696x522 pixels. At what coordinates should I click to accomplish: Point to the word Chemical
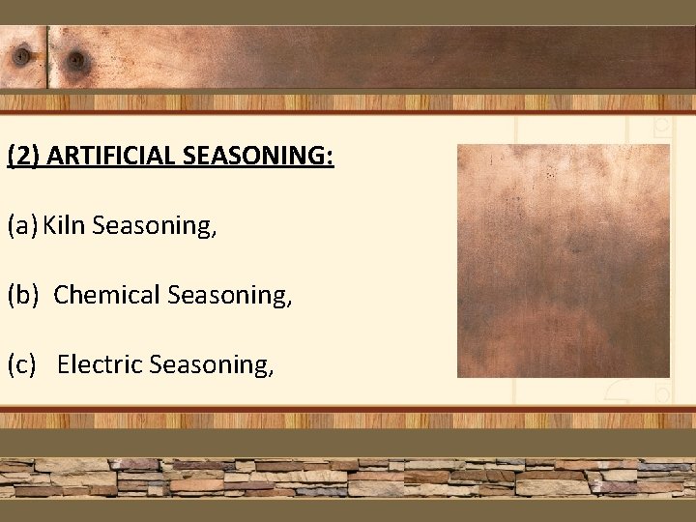coord(107,295)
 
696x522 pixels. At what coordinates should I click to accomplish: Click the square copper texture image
coord(563,261)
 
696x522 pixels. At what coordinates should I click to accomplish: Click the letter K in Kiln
coord(47,226)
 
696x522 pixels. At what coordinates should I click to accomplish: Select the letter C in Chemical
coord(61,295)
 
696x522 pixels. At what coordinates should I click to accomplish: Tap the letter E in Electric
coord(64,364)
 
